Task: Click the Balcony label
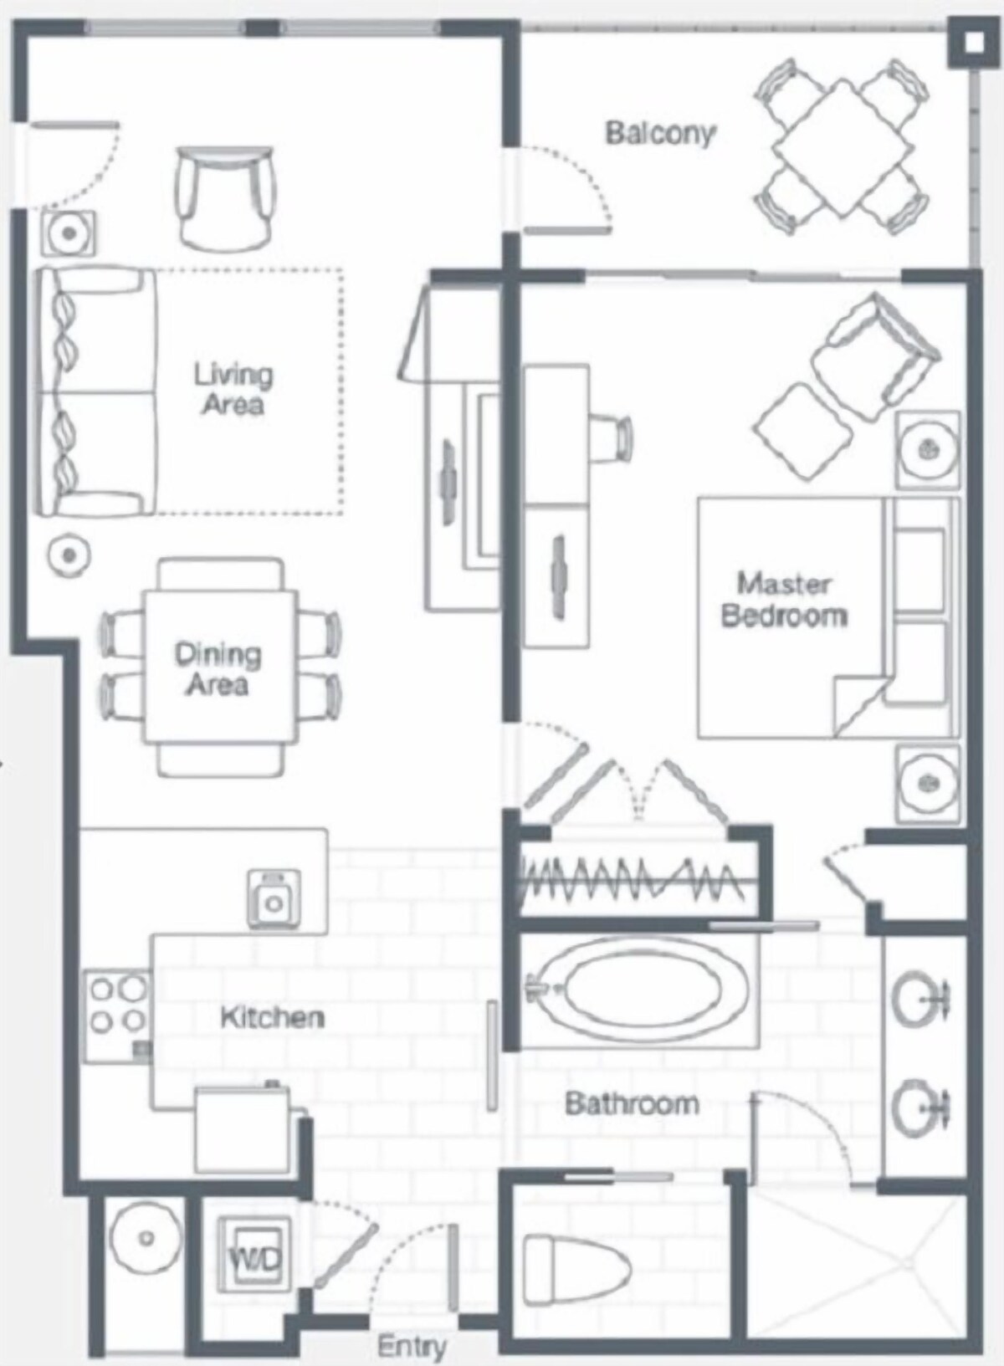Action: click(x=659, y=134)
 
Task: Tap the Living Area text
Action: click(x=233, y=389)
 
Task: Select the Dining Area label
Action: click(x=218, y=669)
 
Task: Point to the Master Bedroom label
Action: click(x=784, y=600)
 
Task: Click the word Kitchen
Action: click(x=272, y=1016)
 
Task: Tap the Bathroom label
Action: click(x=632, y=1103)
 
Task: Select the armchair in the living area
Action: click(x=226, y=198)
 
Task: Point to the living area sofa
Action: click(x=96, y=392)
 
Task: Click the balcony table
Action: click(x=843, y=146)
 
